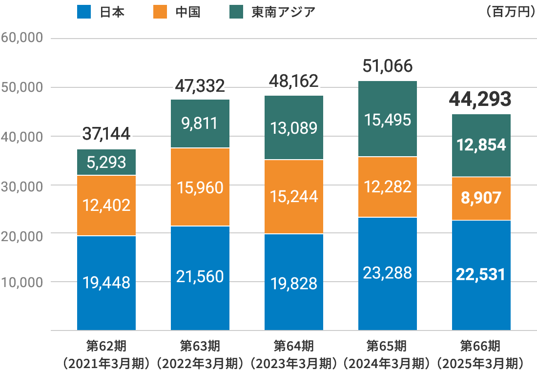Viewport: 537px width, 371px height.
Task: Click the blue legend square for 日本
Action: [84, 12]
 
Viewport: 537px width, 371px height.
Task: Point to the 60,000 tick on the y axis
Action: [23, 38]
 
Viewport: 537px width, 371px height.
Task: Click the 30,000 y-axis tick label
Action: [23, 185]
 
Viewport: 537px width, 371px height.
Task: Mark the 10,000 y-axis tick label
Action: [23, 282]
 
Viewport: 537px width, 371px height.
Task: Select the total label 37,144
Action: [106, 133]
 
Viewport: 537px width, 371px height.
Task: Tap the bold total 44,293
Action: [481, 99]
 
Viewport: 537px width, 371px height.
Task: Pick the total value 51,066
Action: [388, 65]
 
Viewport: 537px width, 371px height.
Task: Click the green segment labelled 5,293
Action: [106, 162]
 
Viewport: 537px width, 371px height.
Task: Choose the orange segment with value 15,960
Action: [200, 187]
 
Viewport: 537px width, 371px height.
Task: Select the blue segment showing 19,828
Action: [294, 282]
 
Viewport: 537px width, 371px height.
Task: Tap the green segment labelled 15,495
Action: [388, 119]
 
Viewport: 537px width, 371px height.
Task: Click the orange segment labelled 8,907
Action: [481, 198]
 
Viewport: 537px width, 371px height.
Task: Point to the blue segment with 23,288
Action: [388, 273]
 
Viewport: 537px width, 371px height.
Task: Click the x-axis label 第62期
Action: [106, 346]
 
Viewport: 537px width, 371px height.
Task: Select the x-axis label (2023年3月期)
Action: [294, 363]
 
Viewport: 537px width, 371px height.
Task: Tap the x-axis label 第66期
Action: [481, 346]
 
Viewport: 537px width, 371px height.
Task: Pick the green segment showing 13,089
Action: [294, 128]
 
